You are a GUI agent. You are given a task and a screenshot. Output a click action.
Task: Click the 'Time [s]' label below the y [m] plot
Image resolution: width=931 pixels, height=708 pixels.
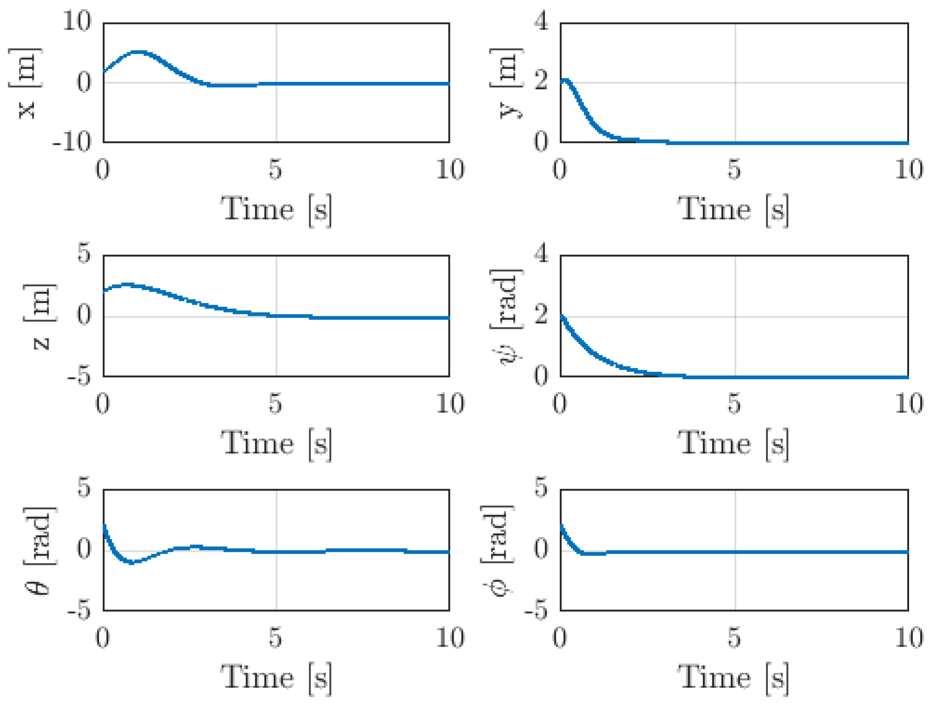click(x=733, y=210)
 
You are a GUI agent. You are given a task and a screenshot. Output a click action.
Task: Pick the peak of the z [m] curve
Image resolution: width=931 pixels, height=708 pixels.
click(x=126, y=285)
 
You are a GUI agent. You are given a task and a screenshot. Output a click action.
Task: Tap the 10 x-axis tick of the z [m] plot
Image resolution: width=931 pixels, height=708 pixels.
click(x=450, y=403)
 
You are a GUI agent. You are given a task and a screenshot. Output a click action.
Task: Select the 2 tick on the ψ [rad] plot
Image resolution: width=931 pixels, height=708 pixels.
click(x=541, y=314)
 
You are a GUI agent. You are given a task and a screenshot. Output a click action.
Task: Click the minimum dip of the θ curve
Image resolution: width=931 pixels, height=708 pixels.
click(x=132, y=563)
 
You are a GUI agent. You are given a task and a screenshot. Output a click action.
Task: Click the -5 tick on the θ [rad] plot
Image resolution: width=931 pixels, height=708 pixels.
click(x=79, y=610)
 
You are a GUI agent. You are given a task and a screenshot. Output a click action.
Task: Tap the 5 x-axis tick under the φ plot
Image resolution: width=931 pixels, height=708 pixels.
click(x=734, y=637)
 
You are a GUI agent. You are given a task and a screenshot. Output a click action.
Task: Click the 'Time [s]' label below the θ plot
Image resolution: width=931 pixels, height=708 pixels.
click(x=276, y=678)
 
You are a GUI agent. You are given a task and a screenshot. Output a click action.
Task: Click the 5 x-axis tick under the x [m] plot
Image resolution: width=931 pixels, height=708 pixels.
click(x=275, y=169)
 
